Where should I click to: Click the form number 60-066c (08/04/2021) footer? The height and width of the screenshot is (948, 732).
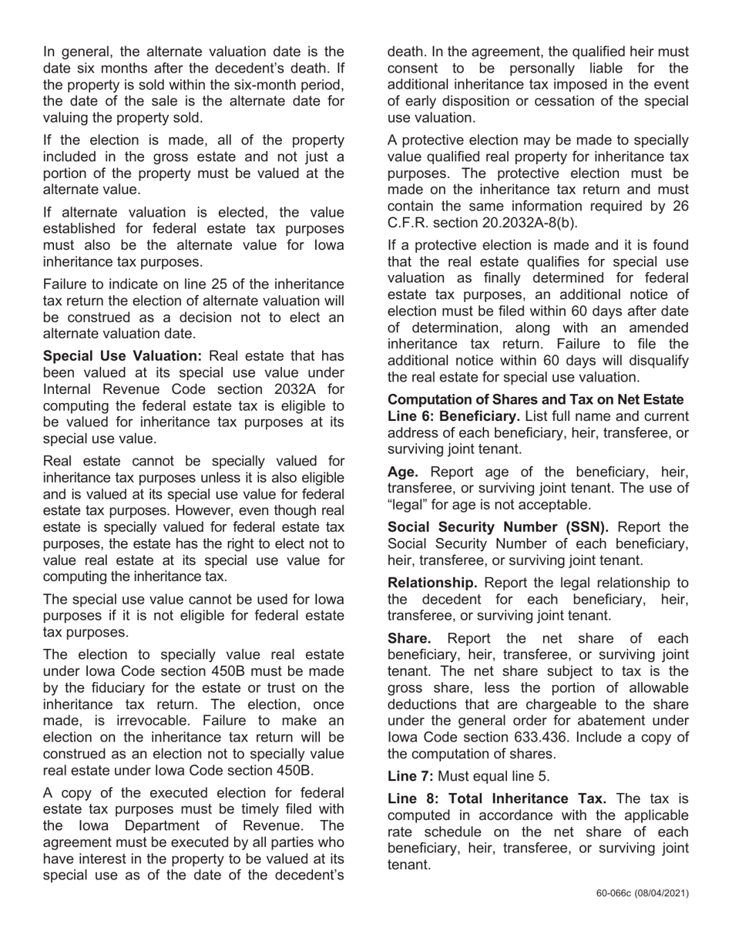tap(643, 893)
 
